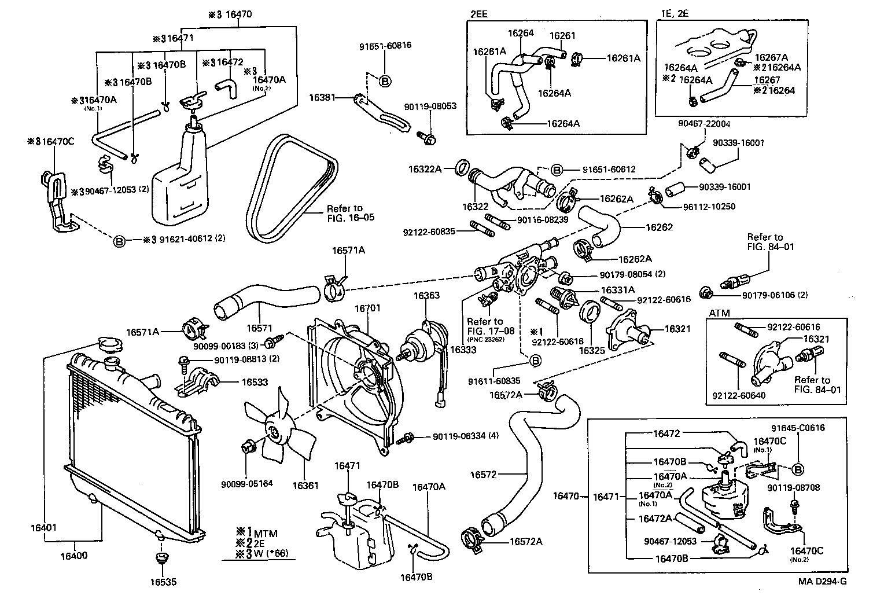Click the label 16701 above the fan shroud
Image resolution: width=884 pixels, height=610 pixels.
pyautogui.click(x=368, y=308)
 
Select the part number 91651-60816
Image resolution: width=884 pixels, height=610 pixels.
pyautogui.click(x=385, y=45)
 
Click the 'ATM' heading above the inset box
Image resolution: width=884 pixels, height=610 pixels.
pyautogui.click(x=719, y=313)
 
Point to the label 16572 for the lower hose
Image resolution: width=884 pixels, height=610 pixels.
pyautogui.click(x=484, y=475)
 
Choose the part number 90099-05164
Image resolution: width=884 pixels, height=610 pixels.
pyautogui.click(x=246, y=483)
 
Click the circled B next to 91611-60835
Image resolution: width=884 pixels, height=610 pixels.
pyautogui.click(x=535, y=361)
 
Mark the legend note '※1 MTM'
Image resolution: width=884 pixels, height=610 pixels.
pyautogui.click(x=258, y=532)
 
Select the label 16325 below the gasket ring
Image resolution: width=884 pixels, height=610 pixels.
pyautogui.click(x=591, y=351)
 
